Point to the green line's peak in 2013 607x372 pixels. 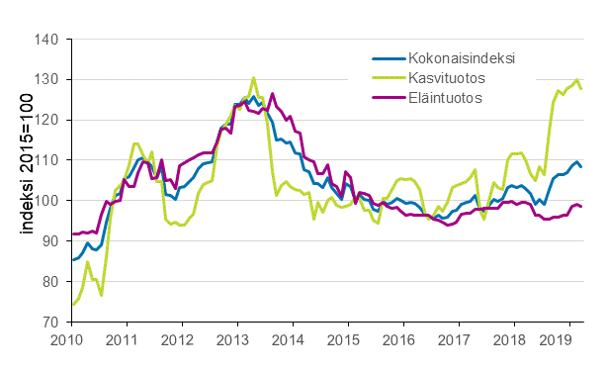(x=254, y=77)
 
